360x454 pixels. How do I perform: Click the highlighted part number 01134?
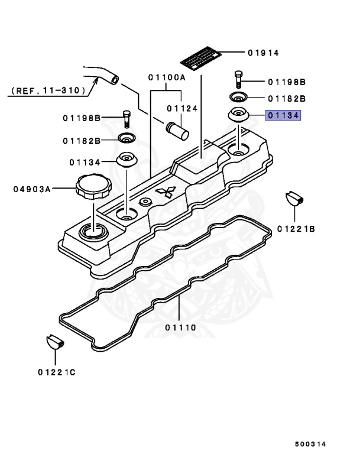[x=283, y=116]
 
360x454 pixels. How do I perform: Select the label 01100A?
[x=167, y=77]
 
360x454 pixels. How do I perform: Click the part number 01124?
[x=181, y=108]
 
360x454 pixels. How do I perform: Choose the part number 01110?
[x=180, y=327]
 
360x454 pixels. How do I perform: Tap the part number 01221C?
[x=57, y=372]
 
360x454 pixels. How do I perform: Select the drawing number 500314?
[x=311, y=443]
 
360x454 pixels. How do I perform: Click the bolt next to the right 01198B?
[x=238, y=78]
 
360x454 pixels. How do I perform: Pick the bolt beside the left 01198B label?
[x=126, y=118]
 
